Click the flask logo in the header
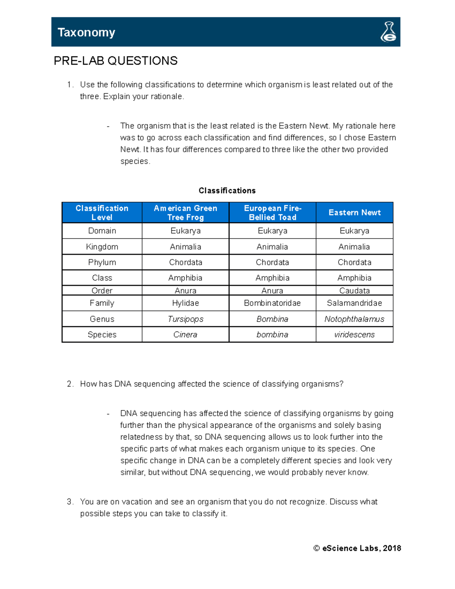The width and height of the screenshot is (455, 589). click(x=388, y=32)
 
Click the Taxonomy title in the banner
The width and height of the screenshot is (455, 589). click(x=86, y=33)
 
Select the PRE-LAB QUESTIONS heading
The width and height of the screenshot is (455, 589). click(x=116, y=61)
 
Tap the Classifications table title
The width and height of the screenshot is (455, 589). click(x=227, y=190)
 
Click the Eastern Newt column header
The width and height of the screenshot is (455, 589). click(x=355, y=213)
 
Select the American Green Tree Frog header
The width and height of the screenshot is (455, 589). click(x=185, y=213)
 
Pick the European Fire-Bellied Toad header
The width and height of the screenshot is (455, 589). click(x=273, y=213)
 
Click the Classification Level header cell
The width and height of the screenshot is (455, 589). click(x=102, y=213)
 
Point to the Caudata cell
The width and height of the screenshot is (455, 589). click(x=355, y=291)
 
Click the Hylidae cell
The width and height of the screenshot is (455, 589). click(x=185, y=303)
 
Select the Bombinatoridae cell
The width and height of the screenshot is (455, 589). click(x=272, y=303)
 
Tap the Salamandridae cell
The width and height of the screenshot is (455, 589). click(x=355, y=303)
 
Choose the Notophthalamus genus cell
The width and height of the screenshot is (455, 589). click(x=355, y=319)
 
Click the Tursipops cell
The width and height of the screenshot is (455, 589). click(x=185, y=319)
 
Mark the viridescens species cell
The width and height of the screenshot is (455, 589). click(x=355, y=335)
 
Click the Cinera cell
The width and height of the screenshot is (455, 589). click(x=185, y=335)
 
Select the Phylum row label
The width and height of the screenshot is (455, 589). click(x=102, y=262)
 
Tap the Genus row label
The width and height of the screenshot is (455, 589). click(x=102, y=319)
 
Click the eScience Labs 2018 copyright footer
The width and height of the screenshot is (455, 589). click(x=357, y=548)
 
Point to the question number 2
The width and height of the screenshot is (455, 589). click(x=70, y=384)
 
